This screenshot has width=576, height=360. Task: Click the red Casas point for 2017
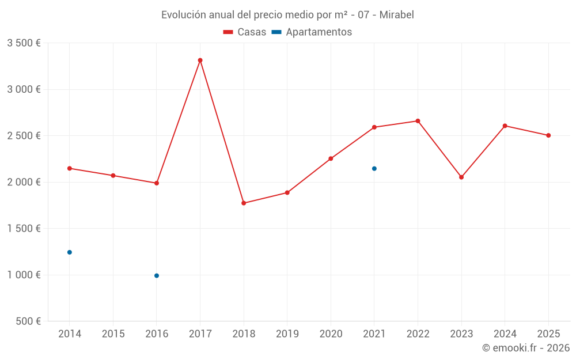(x=200, y=60)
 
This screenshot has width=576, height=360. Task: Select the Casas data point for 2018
(x=244, y=203)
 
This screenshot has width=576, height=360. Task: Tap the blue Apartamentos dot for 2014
(x=70, y=252)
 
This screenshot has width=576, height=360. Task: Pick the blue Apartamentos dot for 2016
(x=157, y=275)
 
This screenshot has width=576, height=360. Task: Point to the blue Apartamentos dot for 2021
(x=374, y=168)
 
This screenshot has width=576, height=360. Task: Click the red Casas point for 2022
(x=418, y=121)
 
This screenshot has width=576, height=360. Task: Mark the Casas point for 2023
(x=461, y=177)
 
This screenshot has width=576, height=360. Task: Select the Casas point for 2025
(x=548, y=135)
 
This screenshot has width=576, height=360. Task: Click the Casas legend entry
(x=245, y=32)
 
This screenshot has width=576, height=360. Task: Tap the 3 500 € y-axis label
(x=24, y=43)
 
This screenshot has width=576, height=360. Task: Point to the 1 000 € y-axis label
(x=24, y=275)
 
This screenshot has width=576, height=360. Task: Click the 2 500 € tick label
(x=24, y=136)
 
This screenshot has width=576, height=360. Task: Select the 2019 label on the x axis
(x=287, y=334)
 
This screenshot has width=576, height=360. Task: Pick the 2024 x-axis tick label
(x=505, y=334)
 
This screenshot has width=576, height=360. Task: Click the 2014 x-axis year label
(x=70, y=334)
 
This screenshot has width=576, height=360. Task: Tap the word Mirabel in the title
(x=396, y=15)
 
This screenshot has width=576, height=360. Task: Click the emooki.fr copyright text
(x=526, y=348)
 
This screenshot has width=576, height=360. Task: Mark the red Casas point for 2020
(x=331, y=158)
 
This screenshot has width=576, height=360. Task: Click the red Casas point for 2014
(x=70, y=168)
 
